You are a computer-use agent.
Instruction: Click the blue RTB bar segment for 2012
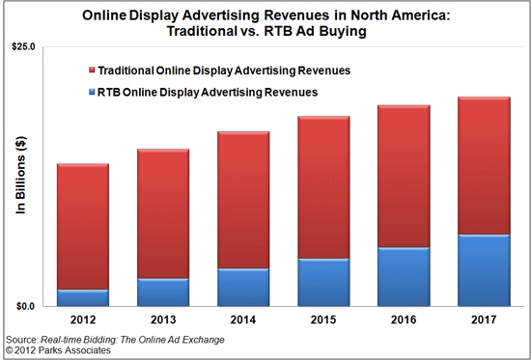point(83,297)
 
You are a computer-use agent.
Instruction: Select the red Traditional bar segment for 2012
point(83,226)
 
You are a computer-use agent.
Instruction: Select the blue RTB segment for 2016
point(403,276)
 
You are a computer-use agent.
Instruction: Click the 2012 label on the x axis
point(83,318)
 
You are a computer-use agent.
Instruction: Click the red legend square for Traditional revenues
point(92,71)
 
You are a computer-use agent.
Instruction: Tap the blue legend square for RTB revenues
point(92,93)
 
